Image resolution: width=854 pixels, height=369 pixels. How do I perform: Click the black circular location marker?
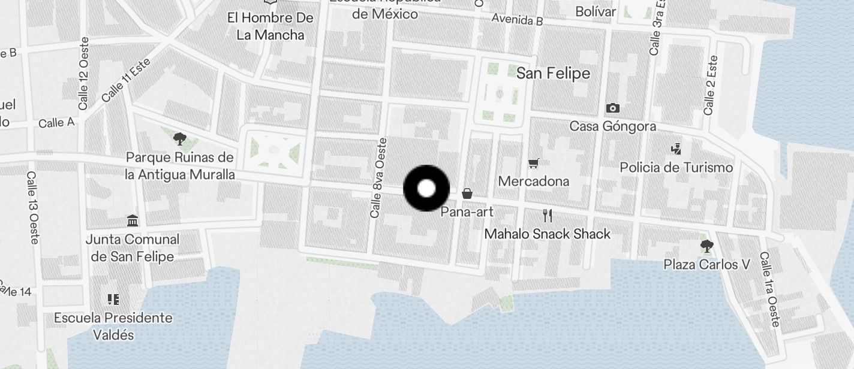(426, 189)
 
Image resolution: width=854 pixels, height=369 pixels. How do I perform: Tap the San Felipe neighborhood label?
(553, 74)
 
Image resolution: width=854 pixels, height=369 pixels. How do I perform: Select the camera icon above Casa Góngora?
(612, 108)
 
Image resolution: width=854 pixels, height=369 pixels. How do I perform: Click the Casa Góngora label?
(612, 126)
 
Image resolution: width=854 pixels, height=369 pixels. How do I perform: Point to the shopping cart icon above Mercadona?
(533, 163)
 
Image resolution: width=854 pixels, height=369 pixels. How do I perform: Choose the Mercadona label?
(533, 181)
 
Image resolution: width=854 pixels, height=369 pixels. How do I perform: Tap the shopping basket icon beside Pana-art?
(467, 193)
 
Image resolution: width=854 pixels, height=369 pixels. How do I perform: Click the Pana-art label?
(467, 211)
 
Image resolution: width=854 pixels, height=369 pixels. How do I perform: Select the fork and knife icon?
(547, 216)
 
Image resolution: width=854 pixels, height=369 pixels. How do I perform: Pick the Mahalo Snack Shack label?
(547, 234)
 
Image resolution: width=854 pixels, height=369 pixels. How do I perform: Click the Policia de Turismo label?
(676, 167)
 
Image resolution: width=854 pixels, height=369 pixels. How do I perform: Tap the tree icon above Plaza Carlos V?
(706, 246)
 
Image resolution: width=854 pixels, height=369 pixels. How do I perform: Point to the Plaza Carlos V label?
(706, 264)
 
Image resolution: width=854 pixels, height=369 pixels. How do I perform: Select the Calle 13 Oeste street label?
(33, 208)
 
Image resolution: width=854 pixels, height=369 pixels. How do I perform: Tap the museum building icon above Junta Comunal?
(133, 220)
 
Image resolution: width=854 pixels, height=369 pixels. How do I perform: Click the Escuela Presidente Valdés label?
(113, 326)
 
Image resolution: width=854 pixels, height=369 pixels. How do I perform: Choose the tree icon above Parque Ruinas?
(179, 140)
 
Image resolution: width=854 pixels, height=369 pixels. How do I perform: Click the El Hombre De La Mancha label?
(270, 26)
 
